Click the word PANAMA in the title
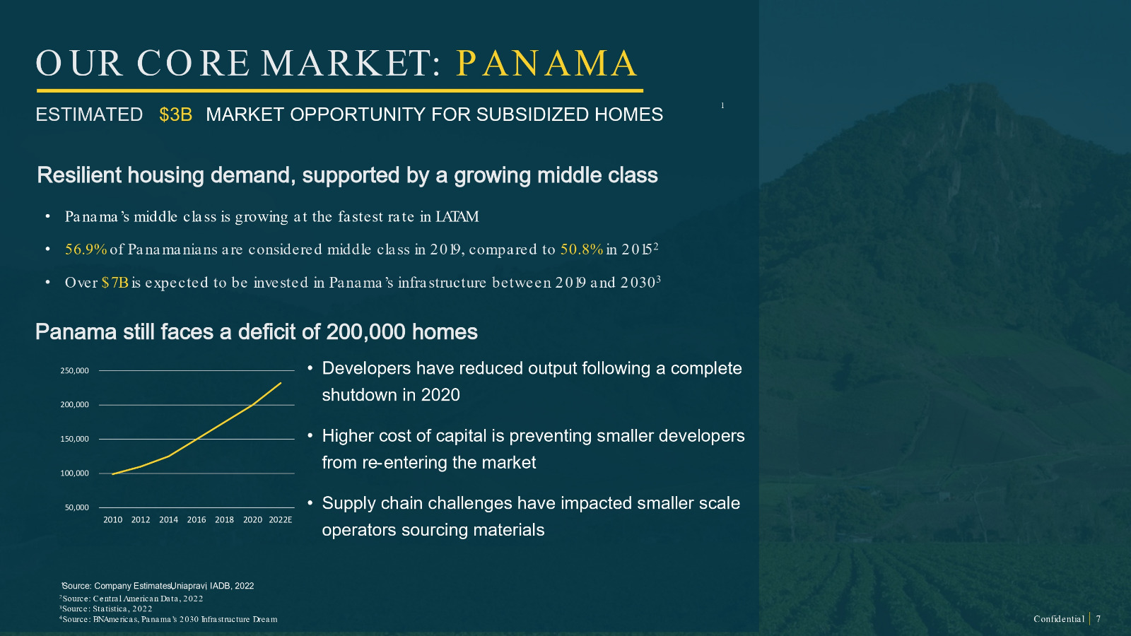[547, 64]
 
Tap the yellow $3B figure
[176, 114]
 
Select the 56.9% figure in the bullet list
[86, 249]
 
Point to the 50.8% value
[582, 249]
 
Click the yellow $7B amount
[115, 283]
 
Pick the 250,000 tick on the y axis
[74, 370]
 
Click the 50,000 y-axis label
[77, 507]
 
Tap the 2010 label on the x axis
[112, 520]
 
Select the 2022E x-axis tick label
[280, 520]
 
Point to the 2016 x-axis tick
[197, 520]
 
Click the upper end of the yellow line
[281, 383]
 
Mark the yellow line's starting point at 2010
[112, 474]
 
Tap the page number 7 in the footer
[1098, 619]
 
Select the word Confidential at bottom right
[1059, 619]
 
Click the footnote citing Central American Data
[131, 599]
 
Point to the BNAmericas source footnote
[168, 619]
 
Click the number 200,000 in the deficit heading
[365, 332]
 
